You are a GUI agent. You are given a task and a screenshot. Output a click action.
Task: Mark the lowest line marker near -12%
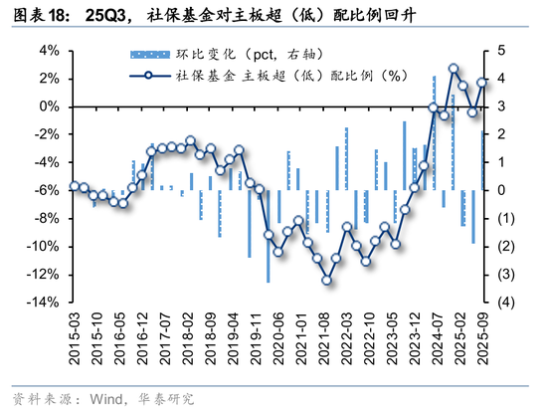[x=326, y=280]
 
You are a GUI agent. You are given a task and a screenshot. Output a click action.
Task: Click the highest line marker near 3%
[x=454, y=69]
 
